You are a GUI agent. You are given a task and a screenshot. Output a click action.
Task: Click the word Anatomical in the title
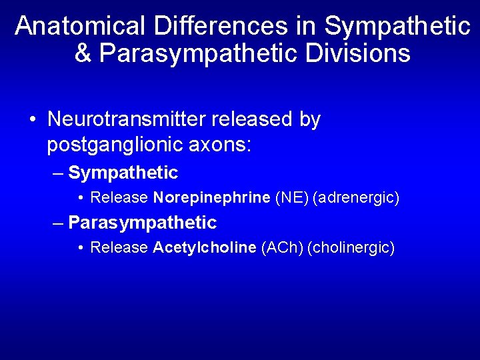[81, 27]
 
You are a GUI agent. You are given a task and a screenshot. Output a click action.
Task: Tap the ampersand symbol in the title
[83, 54]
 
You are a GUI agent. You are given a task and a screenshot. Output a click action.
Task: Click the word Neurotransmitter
[127, 120]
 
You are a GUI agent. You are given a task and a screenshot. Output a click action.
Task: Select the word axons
[220, 144]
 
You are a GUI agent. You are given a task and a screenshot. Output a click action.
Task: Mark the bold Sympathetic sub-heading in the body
[123, 173]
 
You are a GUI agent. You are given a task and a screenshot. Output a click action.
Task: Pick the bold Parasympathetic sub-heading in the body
[143, 223]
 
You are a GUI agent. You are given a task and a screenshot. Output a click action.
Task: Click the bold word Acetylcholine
[205, 248]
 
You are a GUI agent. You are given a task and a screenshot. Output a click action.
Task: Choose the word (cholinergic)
[351, 248]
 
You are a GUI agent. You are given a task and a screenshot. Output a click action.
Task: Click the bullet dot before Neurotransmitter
[33, 121]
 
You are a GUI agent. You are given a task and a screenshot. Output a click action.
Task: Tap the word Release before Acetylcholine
[119, 248]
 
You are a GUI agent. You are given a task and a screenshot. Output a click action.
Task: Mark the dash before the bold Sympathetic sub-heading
[58, 173]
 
